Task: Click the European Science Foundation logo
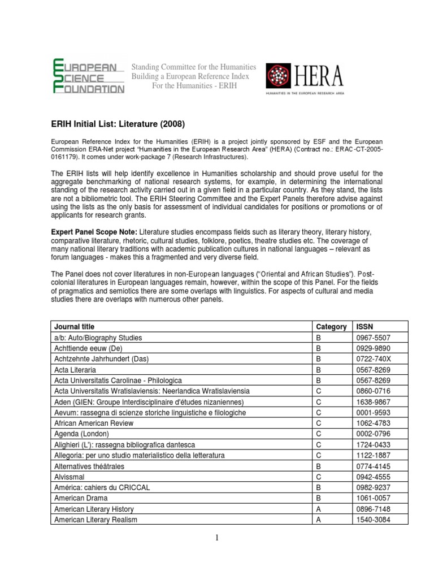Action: [88, 76]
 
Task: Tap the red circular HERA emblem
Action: [279, 76]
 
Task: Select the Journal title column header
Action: [75, 327]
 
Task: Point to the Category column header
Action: [331, 327]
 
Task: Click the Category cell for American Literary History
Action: [319, 509]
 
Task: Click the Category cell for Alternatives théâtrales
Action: [319, 466]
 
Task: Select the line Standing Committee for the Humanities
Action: [194, 67]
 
